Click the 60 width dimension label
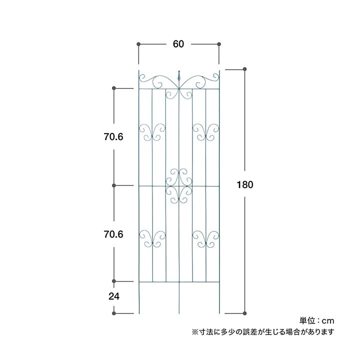pos(178,44)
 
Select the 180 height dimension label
pos(244,184)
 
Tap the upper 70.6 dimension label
pos(113,137)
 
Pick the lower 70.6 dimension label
pos(113,234)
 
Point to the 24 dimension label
pos(114,296)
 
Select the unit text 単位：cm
pos(316,320)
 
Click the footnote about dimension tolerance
pos(263,332)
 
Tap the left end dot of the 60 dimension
pos(138,44)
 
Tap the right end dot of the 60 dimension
pos(219,44)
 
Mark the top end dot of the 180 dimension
pos(244,69)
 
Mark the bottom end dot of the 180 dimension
pos(244,313)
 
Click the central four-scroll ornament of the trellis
pos(179,186)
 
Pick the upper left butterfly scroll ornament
pos(152,132)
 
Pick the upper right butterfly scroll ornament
pos(206,132)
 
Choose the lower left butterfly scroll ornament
pos(152,239)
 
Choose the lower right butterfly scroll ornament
pos(206,239)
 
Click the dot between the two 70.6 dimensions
pos(114,185)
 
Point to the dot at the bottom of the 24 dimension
pos(114,313)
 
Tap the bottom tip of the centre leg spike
pos(179,313)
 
